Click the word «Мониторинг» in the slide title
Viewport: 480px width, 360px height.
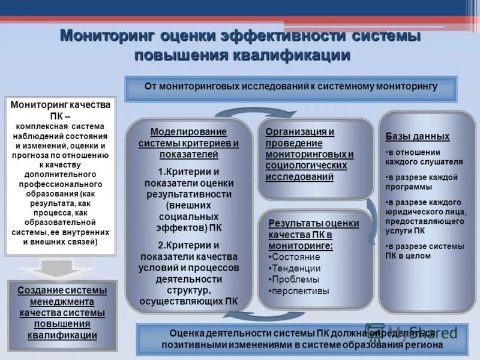click(x=104, y=35)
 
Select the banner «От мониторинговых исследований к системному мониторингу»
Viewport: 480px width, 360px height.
click(x=291, y=86)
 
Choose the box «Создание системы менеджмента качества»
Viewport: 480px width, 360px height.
click(x=62, y=313)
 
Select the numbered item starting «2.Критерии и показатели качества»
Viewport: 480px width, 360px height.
click(x=189, y=273)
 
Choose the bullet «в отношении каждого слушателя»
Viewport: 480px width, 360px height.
click(x=424, y=157)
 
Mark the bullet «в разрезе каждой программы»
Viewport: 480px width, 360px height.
click(x=422, y=182)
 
